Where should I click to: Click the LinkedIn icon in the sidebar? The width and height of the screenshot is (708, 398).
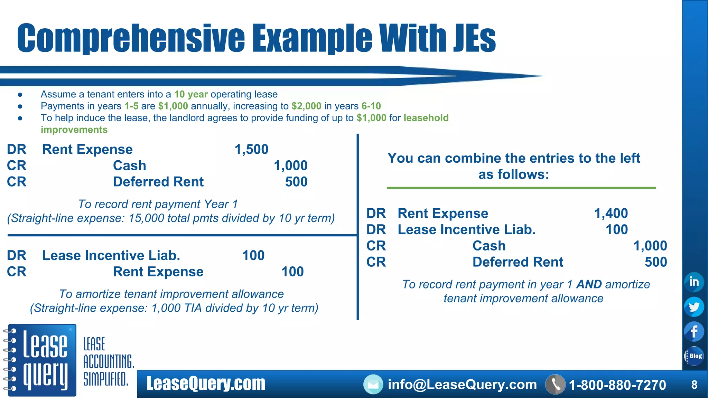coord(694,282)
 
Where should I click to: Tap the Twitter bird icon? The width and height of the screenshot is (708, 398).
coord(694,307)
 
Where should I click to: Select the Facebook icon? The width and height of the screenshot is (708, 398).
coord(694,332)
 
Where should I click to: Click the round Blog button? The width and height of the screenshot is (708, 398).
coord(694,356)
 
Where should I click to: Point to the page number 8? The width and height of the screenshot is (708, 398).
coord(694,385)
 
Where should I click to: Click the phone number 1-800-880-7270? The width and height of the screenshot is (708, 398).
coord(617,385)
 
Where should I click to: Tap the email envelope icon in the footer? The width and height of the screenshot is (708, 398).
coord(373,385)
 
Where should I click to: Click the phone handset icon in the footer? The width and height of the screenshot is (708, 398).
coord(555,385)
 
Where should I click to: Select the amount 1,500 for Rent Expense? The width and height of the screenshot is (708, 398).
coord(251,149)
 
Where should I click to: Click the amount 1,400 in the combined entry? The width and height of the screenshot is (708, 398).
coord(611,213)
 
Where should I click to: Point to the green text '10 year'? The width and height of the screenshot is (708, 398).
coord(191,94)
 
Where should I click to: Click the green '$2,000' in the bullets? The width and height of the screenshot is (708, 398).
coord(306,106)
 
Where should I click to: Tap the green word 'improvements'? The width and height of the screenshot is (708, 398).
coord(74,130)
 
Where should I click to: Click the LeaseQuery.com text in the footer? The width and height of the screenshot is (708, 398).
coord(206,384)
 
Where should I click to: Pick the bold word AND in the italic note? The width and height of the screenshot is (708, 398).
coord(589,284)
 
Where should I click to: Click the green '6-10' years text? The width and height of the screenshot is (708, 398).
coord(371,106)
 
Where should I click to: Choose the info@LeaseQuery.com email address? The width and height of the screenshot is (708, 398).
coord(462,385)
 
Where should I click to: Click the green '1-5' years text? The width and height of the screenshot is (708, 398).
coord(131,106)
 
